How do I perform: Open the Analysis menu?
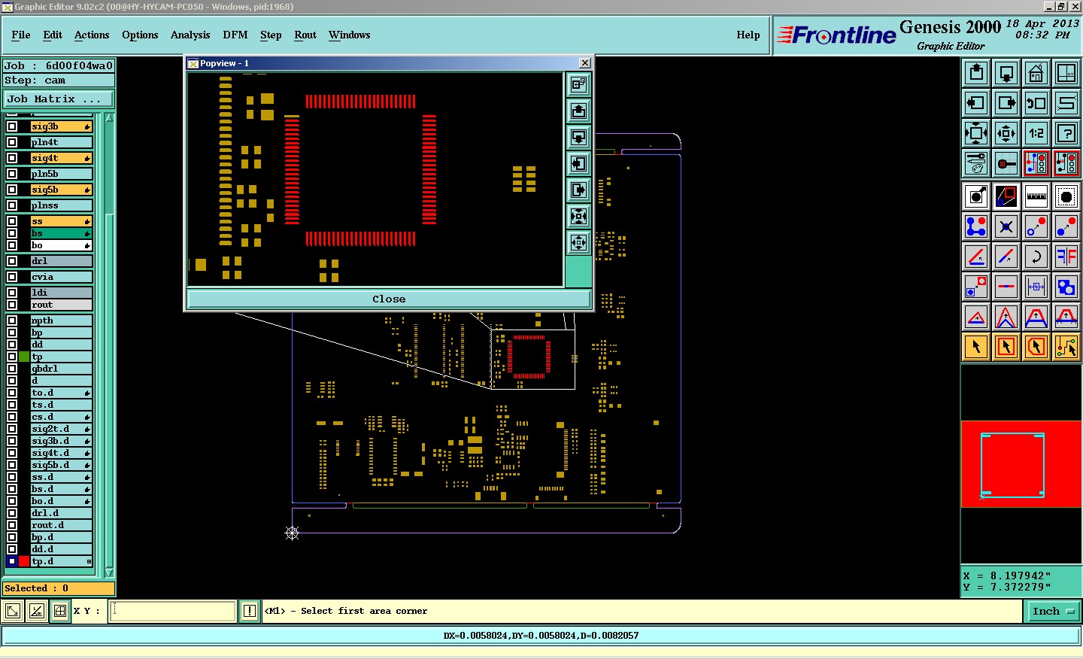[x=190, y=35]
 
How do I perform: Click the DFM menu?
[x=235, y=35]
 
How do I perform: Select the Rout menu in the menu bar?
[x=305, y=35]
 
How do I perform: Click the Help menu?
[x=748, y=35]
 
